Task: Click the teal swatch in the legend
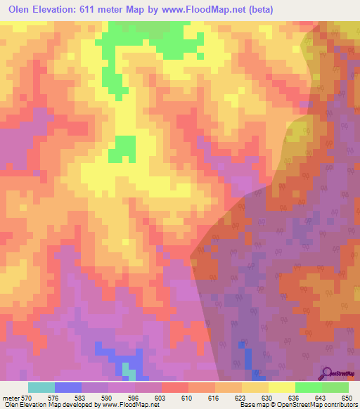pyautogui.click(x=41, y=387)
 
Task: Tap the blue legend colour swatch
pyautogui.click(x=68, y=387)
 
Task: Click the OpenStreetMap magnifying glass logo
pyautogui.click(x=326, y=372)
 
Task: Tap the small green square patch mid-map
pyautogui.click(x=125, y=148)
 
